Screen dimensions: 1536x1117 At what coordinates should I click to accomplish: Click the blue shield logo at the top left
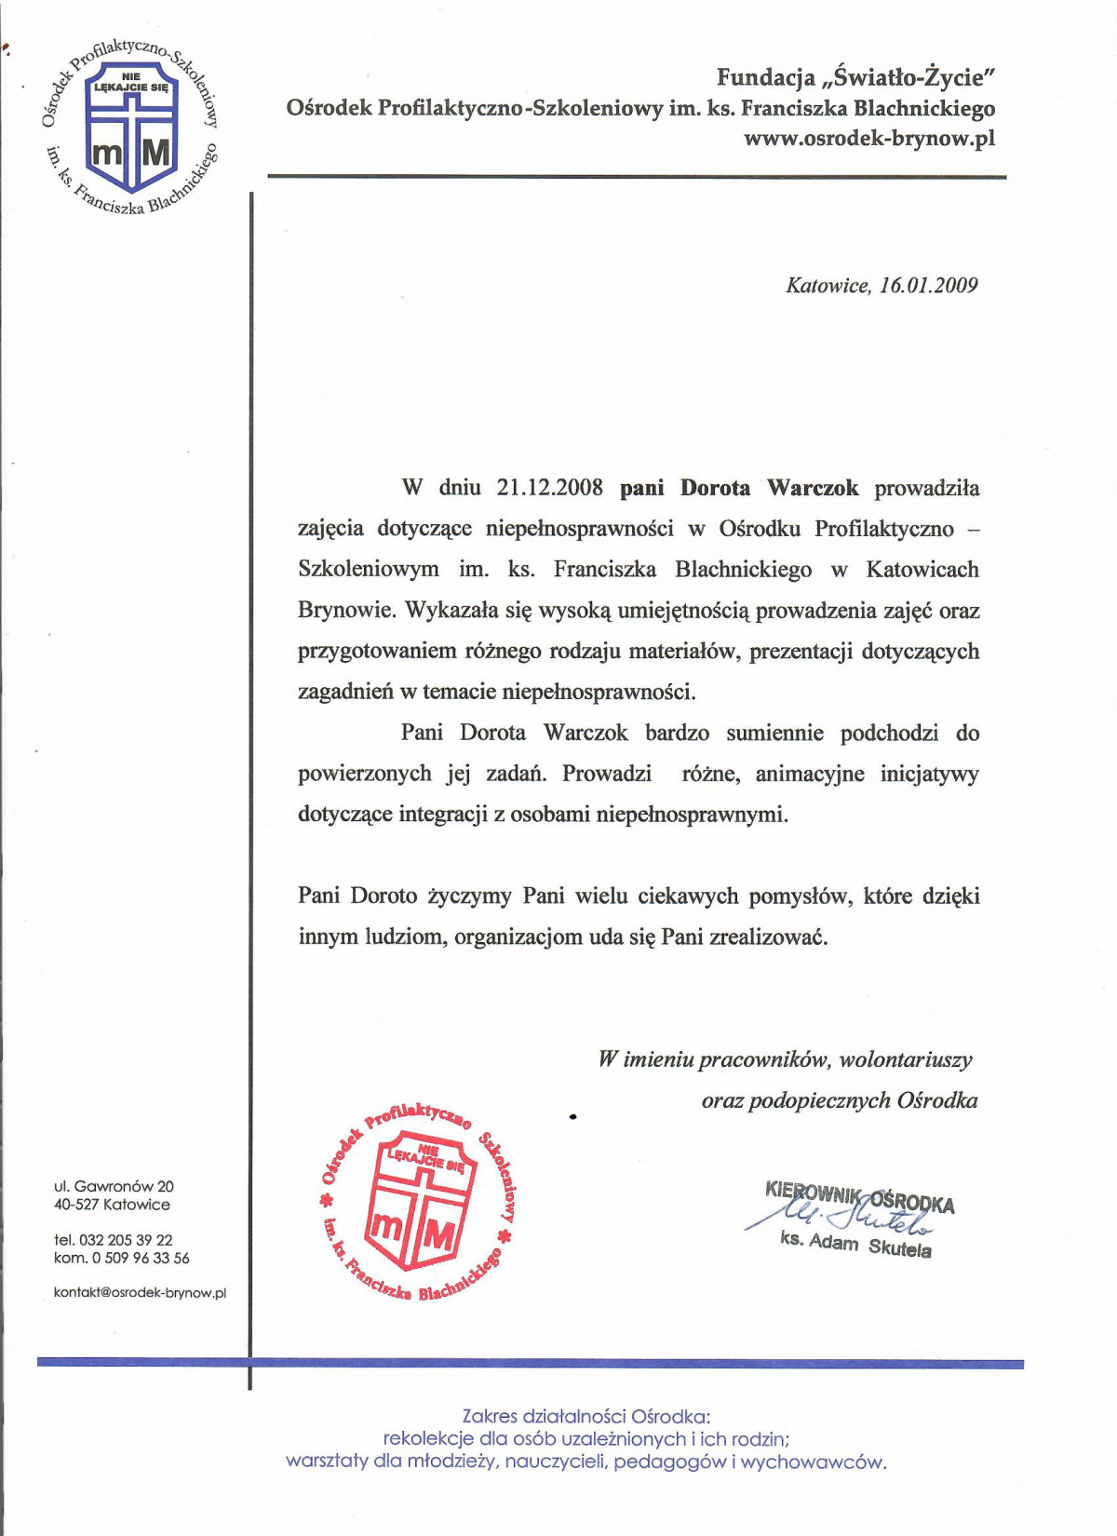[x=130, y=126]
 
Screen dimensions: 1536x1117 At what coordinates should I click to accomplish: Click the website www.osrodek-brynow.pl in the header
[x=869, y=138]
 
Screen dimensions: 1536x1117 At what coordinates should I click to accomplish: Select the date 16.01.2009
[x=928, y=285]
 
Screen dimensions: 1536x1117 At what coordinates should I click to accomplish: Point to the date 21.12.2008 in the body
[x=549, y=488]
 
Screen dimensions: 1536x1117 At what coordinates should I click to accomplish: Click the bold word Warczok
[x=813, y=488]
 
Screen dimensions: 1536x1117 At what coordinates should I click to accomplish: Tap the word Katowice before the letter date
[x=827, y=285]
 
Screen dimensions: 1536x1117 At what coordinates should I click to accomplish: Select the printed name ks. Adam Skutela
[x=855, y=1244]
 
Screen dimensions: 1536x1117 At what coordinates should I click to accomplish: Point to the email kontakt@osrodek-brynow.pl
[x=140, y=1293]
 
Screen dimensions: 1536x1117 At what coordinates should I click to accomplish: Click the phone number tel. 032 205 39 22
[x=114, y=1240]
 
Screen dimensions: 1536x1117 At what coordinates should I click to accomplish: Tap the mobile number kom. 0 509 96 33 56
[x=121, y=1258]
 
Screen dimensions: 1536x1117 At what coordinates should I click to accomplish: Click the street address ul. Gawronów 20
[x=114, y=1186]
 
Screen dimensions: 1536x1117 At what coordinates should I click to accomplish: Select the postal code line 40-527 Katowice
[x=112, y=1204]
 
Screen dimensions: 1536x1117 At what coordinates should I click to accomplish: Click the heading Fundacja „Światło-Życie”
[x=855, y=76]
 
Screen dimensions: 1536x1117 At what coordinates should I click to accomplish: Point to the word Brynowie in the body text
[x=346, y=611]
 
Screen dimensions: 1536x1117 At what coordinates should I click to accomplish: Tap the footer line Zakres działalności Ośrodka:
[x=585, y=1416]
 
